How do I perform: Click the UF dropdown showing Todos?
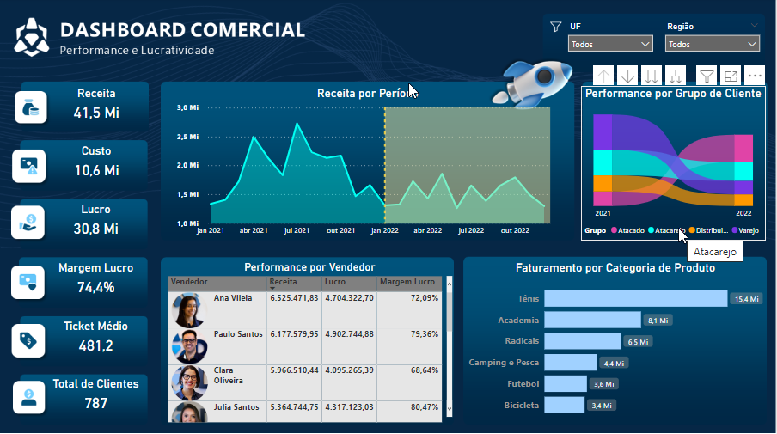610,44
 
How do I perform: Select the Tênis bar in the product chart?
635,298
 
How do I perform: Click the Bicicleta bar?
564,405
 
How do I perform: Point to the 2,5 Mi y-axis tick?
188,137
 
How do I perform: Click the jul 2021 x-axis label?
298,231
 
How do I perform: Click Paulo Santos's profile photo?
189,345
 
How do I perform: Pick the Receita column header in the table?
284,282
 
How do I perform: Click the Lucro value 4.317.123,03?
350,407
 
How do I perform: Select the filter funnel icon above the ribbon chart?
705,76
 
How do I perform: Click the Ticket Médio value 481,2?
95,345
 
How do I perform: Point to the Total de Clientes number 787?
95,402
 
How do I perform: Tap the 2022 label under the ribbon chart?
743,212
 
